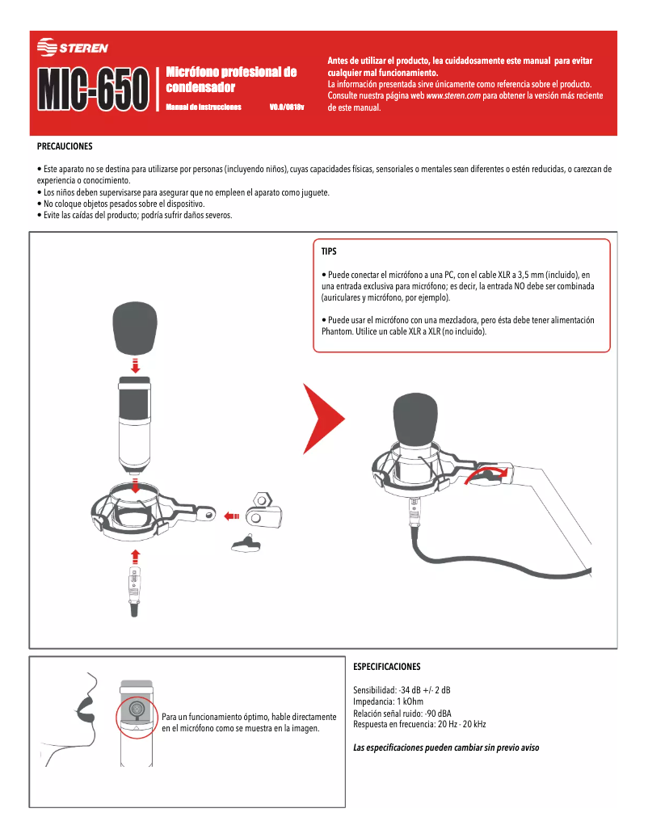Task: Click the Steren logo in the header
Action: pyautogui.click(x=73, y=48)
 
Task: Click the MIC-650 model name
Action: pyautogui.click(x=94, y=89)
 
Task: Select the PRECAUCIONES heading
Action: pyautogui.click(x=65, y=146)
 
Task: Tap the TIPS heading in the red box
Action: pyautogui.click(x=329, y=251)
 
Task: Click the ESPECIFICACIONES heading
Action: pyautogui.click(x=387, y=667)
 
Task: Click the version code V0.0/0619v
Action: pyautogui.click(x=286, y=107)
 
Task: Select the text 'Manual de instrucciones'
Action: pyautogui.click(x=204, y=107)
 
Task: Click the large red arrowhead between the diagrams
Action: pyautogui.click(x=323, y=418)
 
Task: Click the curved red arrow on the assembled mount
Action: pyautogui.click(x=490, y=472)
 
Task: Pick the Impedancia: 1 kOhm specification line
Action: pyautogui.click(x=388, y=701)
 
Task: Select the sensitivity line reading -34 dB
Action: pyautogui.click(x=402, y=690)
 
